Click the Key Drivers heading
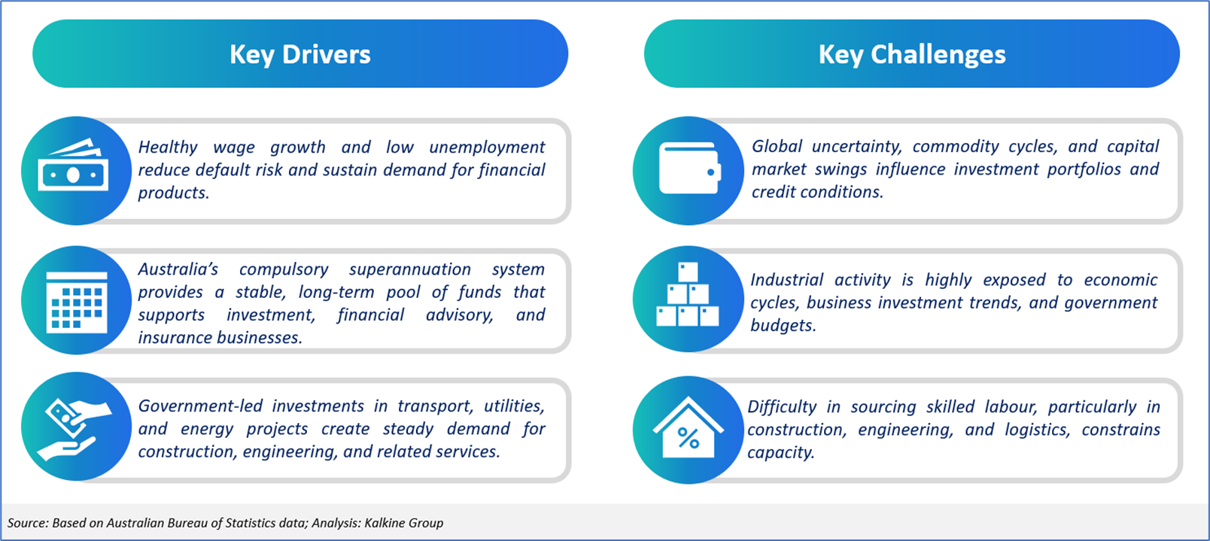[x=300, y=54]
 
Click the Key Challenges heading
[x=912, y=54]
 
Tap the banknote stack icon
[x=73, y=165]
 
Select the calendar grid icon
[x=77, y=302]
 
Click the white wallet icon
[x=690, y=168]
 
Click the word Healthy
[x=168, y=147]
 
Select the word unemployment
[x=487, y=147]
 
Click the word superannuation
[x=410, y=269]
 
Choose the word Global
[x=777, y=146]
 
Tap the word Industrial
[x=786, y=280]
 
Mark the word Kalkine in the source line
[x=384, y=523]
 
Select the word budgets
[x=783, y=326]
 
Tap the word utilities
[x=514, y=406]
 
